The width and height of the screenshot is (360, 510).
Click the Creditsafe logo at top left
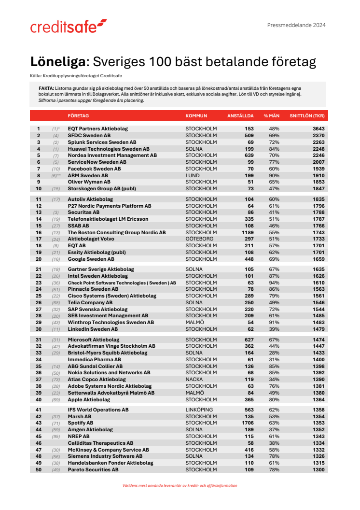(x=68, y=27)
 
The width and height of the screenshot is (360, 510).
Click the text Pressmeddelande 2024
(x=296, y=25)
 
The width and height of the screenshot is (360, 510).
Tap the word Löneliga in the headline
(x=58, y=62)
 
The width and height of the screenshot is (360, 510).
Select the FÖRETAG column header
(x=78, y=116)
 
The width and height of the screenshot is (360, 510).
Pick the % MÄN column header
(x=272, y=116)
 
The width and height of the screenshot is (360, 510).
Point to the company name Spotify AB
(x=81, y=423)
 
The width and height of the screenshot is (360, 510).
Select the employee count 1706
(x=246, y=423)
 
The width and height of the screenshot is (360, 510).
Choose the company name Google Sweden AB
(x=91, y=259)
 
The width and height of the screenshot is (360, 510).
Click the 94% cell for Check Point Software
(x=274, y=283)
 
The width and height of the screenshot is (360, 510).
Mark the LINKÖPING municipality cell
(x=198, y=410)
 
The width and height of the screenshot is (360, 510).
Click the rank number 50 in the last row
(x=39, y=469)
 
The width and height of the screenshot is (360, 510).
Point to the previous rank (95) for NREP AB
(x=56, y=437)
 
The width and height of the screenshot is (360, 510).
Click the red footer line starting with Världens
(x=180, y=485)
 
